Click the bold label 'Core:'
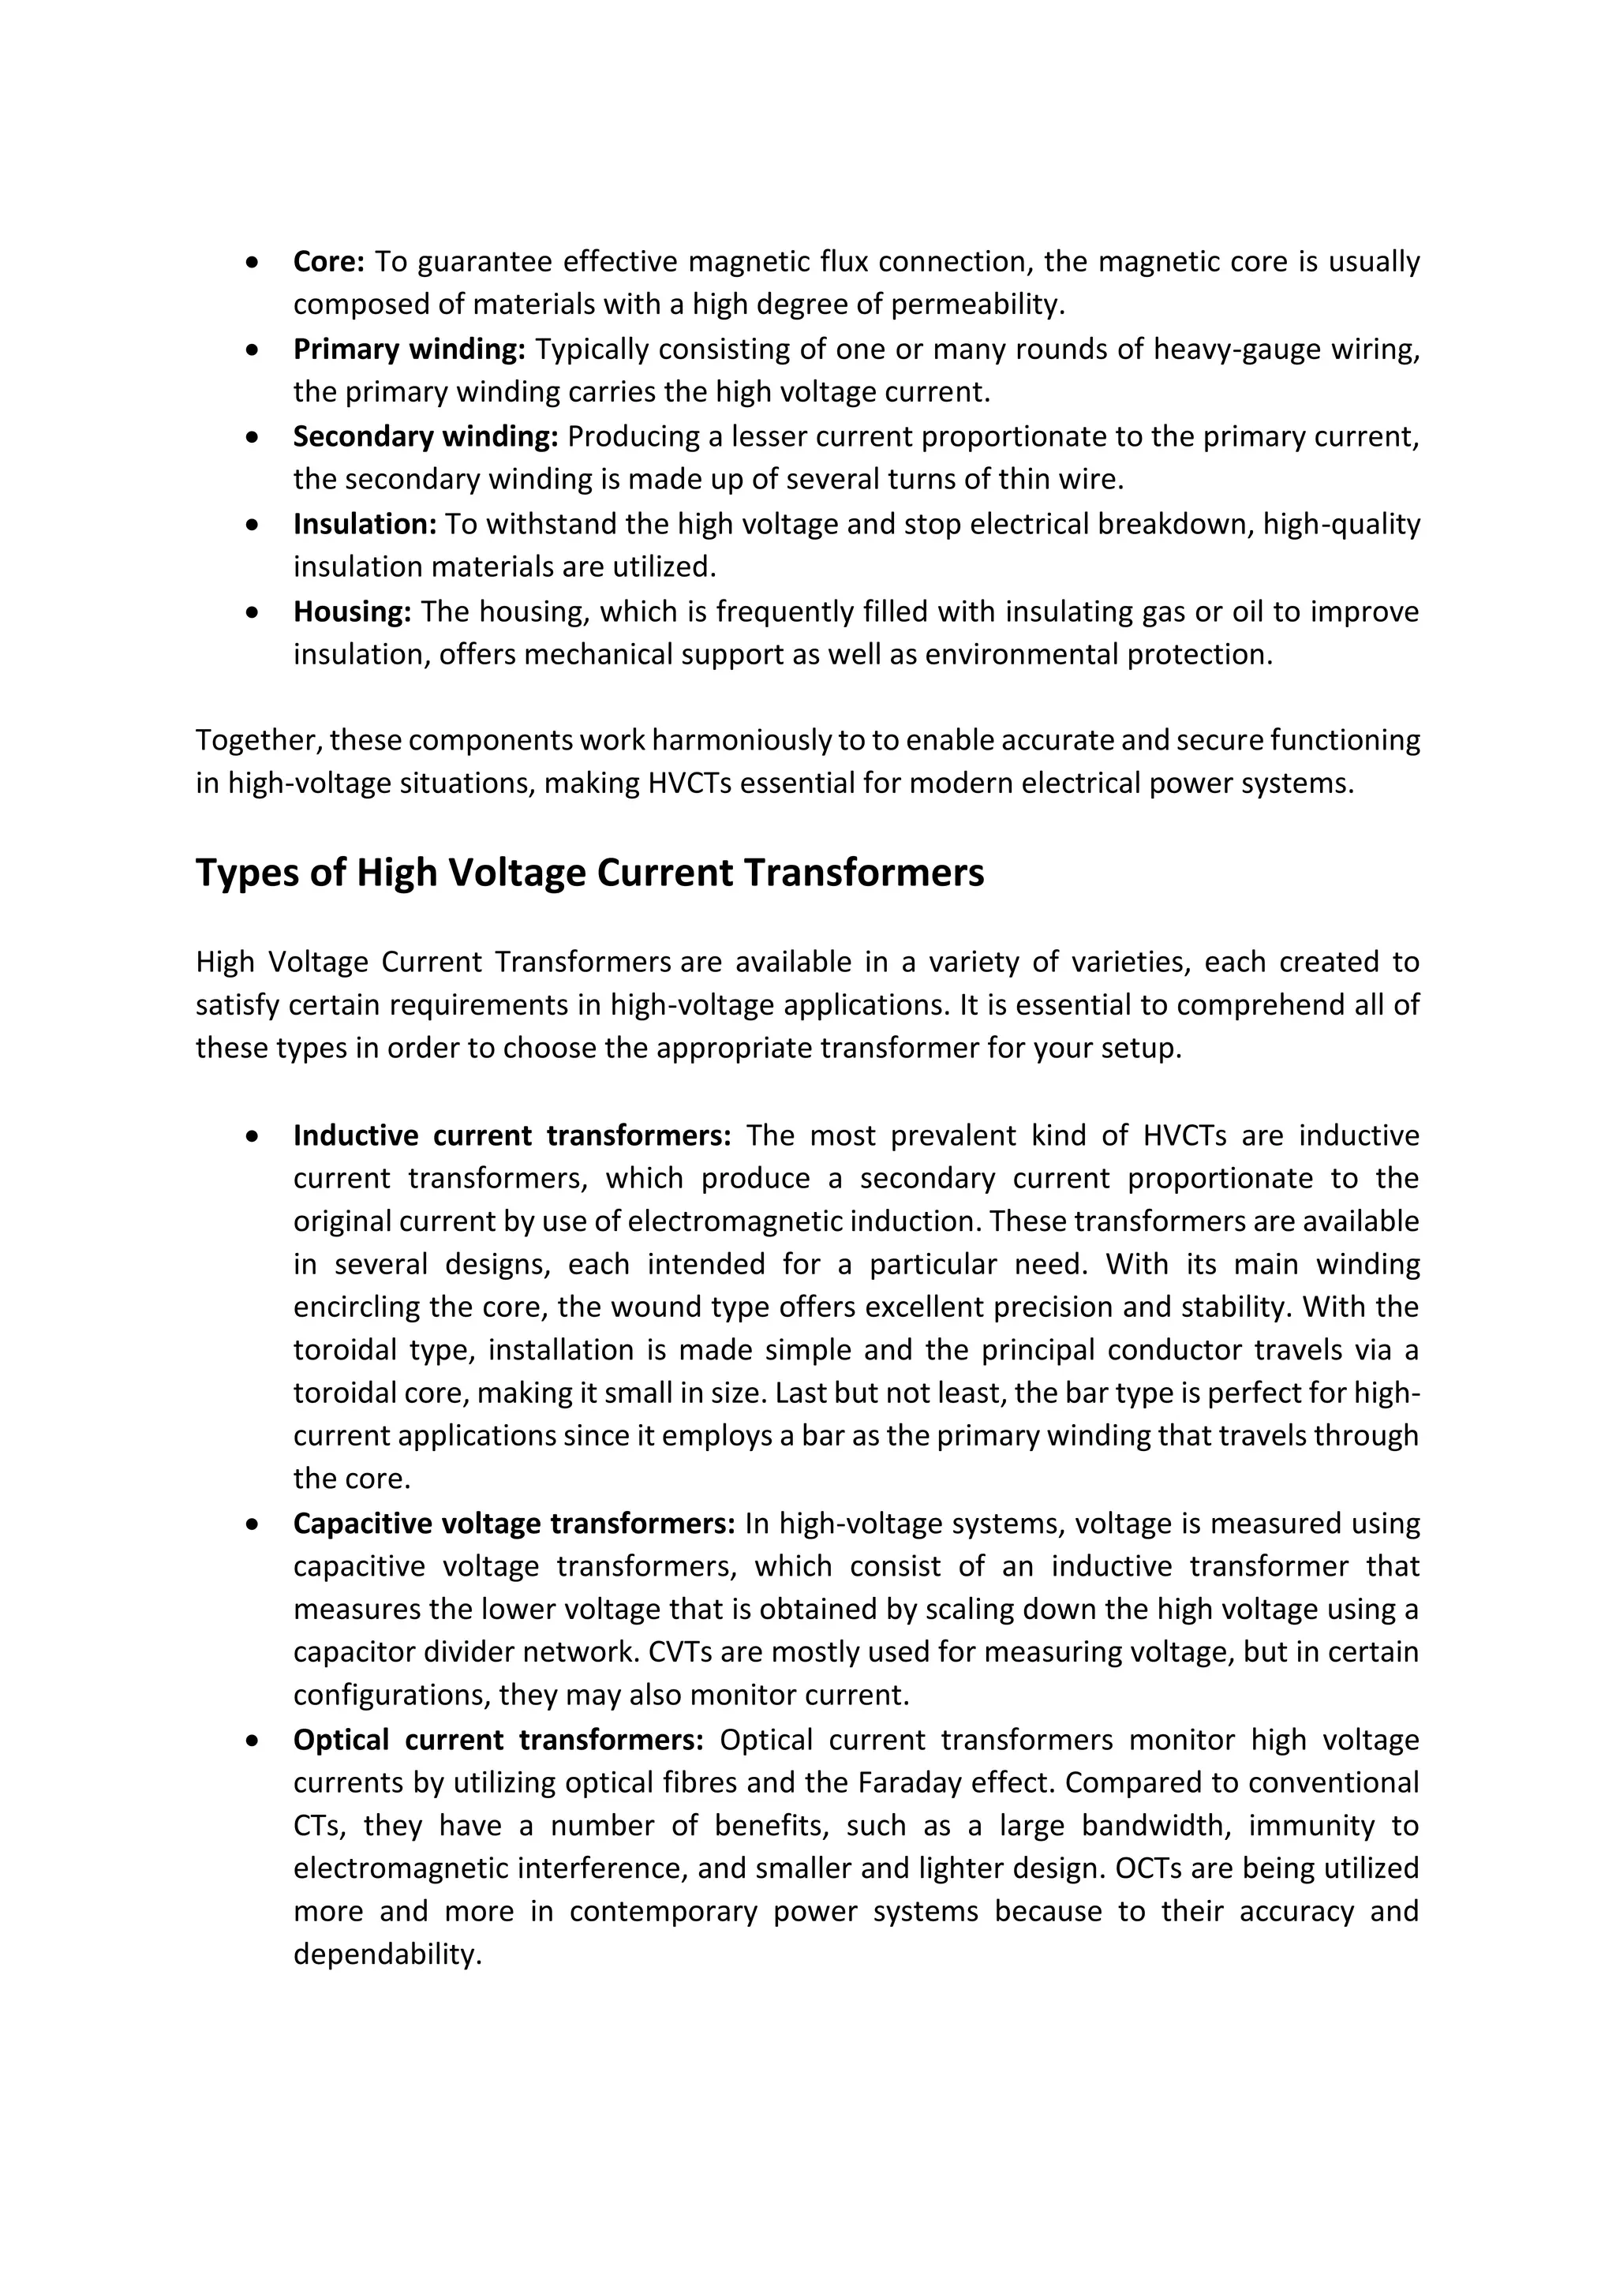328,262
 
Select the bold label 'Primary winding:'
408,350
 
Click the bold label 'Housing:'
351,611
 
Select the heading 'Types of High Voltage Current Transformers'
589,873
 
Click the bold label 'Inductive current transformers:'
511,1135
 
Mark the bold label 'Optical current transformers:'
498,1740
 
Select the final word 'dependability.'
387,1954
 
